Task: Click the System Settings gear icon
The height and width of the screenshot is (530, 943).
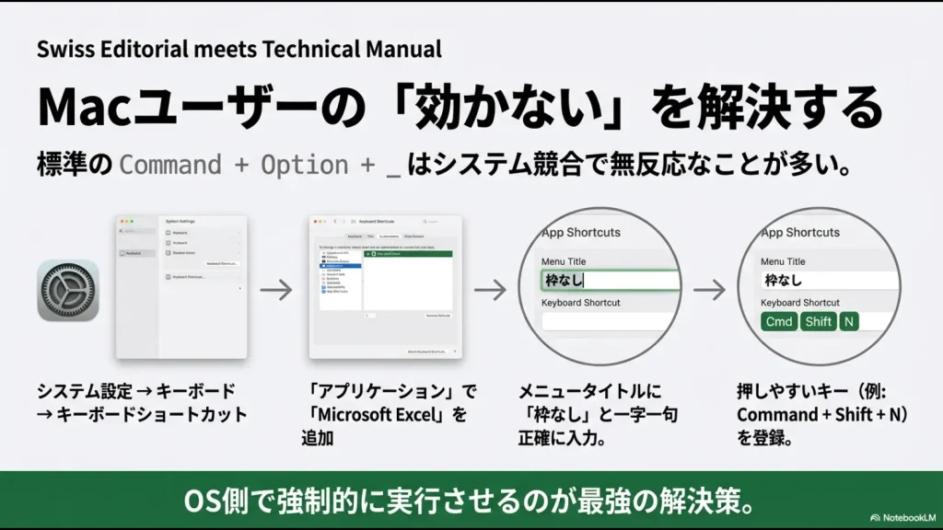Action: [x=68, y=290]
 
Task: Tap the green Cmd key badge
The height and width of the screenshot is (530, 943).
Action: [x=779, y=322]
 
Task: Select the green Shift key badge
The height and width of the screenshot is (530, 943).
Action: [x=818, y=322]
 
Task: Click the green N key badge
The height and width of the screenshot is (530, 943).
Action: [x=848, y=322]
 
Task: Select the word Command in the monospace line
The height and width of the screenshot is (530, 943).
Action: [x=171, y=166]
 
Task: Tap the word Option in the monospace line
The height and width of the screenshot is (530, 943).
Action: [x=304, y=166]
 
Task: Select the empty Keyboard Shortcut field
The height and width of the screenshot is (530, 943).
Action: [x=611, y=322]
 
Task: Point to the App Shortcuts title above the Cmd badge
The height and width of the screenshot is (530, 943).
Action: [x=800, y=233]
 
